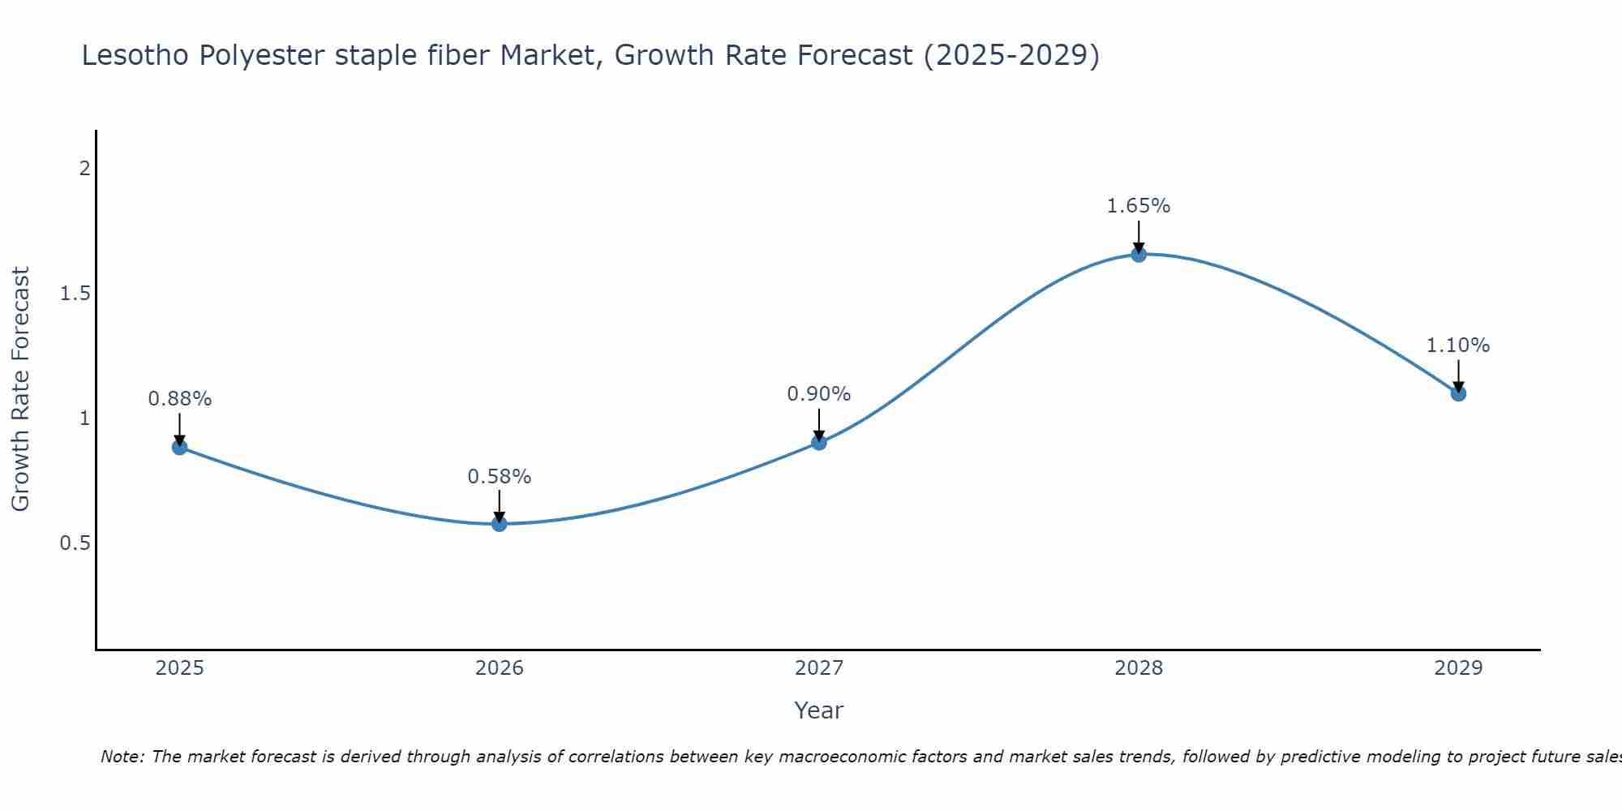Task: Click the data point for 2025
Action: [x=180, y=447]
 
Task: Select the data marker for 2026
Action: [x=500, y=524]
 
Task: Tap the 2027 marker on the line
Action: [x=819, y=442]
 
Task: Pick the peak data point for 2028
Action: [x=1139, y=255]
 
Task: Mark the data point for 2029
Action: [x=1458, y=393]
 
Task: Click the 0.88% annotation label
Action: [x=180, y=399]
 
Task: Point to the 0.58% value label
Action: [x=500, y=477]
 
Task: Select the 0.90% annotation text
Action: [x=819, y=394]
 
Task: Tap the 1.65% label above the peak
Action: [x=1139, y=206]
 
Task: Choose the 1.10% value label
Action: [x=1458, y=345]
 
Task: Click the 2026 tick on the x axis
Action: [x=500, y=668]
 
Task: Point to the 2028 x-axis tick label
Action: [x=1139, y=668]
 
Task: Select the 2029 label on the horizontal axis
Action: [x=1458, y=668]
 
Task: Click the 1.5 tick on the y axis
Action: [x=75, y=294]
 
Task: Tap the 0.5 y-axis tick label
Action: [x=75, y=543]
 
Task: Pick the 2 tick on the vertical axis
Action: [x=84, y=169]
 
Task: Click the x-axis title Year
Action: [x=819, y=710]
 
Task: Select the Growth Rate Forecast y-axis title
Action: [x=20, y=389]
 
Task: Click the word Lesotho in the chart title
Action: [x=136, y=55]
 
